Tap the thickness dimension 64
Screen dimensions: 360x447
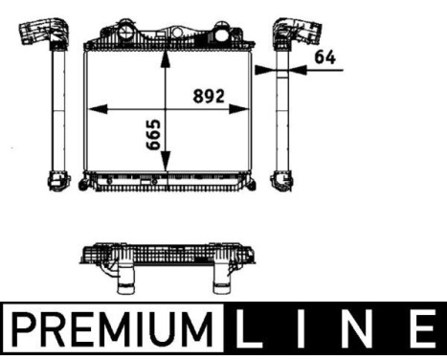click(325, 56)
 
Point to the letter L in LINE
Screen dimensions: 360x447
click(251, 329)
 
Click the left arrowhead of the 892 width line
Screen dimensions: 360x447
click(93, 108)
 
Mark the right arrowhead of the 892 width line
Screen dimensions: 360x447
click(243, 108)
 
